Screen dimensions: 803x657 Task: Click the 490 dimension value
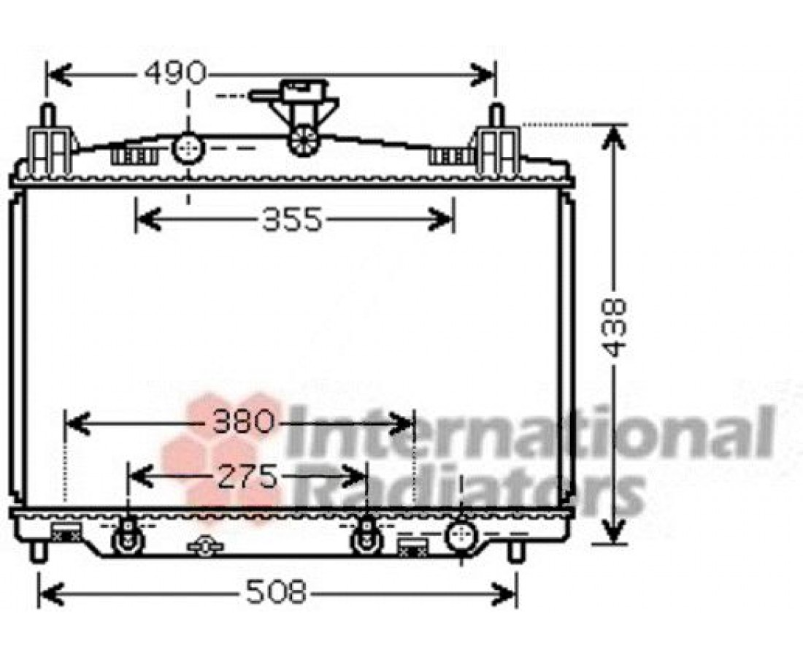[x=175, y=73]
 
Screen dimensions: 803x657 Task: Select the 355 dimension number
[x=293, y=220]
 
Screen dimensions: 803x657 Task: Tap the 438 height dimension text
[x=614, y=328]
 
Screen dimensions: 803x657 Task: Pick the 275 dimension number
[x=248, y=477]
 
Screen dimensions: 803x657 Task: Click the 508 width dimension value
[x=276, y=593]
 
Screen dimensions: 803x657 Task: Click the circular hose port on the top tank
[x=188, y=147]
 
